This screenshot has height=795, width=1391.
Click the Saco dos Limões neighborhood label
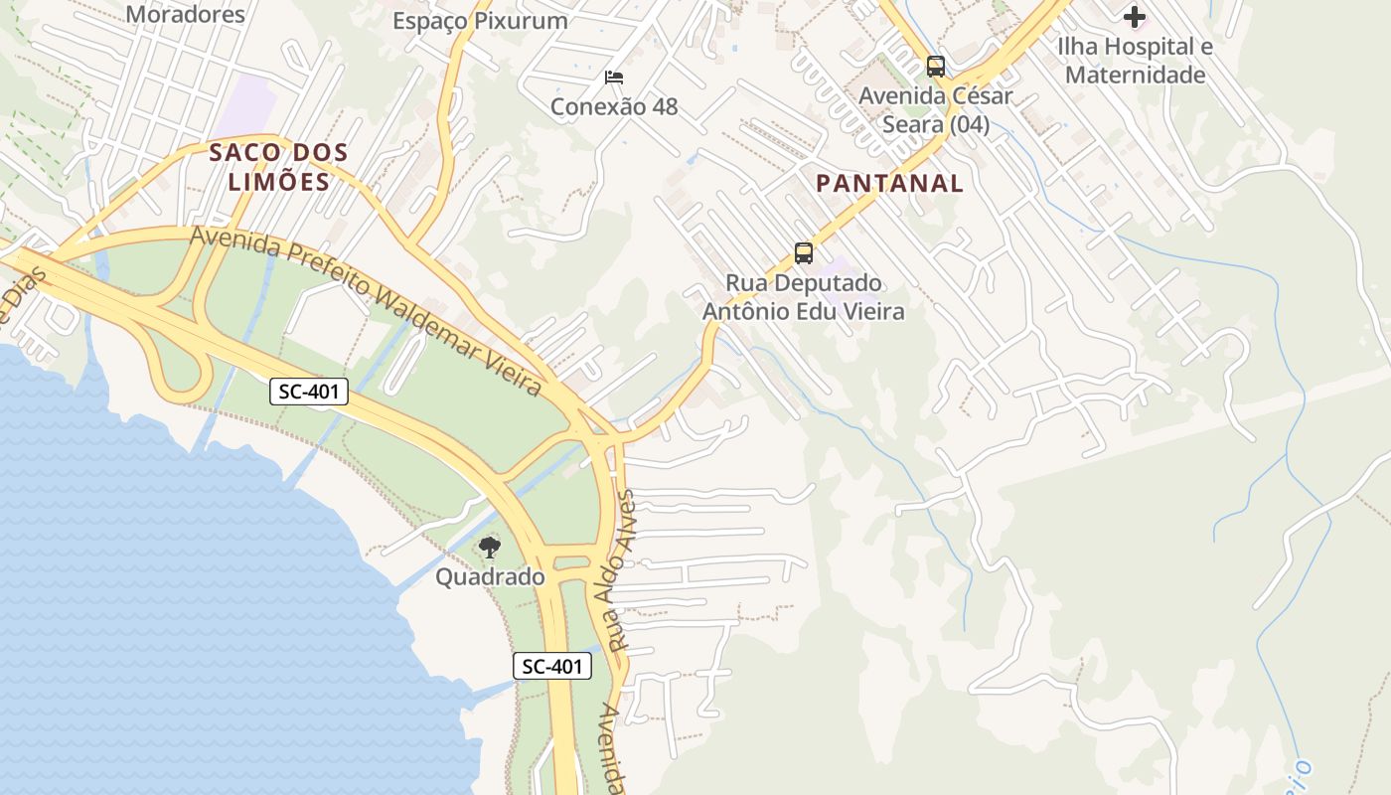[278, 167]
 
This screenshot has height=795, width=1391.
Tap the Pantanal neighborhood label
[889, 183]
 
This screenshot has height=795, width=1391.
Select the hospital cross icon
[1135, 17]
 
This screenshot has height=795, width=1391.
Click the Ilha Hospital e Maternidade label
[1135, 61]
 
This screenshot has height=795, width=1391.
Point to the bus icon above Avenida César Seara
[935, 67]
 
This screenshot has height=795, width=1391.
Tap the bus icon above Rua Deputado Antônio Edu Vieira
[804, 253]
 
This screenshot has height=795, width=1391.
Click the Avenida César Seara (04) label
[935, 110]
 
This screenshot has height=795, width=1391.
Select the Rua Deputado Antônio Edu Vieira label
[804, 297]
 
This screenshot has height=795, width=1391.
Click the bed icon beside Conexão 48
[614, 78]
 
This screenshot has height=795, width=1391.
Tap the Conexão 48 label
[614, 106]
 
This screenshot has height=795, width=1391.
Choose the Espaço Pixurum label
[480, 21]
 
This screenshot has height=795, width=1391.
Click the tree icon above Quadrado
[489, 547]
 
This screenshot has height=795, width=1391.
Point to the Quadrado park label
[490, 577]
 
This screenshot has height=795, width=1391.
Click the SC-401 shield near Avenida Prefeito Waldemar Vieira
[309, 392]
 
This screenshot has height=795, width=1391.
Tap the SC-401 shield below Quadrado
[552, 667]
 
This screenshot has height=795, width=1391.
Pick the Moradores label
[186, 14]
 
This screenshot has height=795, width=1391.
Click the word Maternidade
[1135, 76]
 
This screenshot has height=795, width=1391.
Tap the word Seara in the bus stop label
[910, 125]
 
